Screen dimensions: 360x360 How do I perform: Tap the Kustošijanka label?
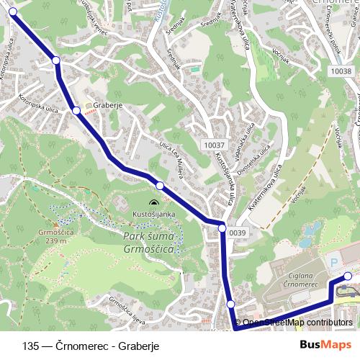[154, 215]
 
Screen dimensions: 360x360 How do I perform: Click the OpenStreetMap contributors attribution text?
[293, 323]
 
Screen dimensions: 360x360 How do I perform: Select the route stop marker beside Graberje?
[76, 110]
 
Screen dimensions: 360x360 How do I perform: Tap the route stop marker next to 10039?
[222, 228]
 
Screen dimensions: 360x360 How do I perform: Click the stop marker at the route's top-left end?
[12, 12]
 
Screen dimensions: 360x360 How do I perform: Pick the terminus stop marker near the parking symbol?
[347, 276]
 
